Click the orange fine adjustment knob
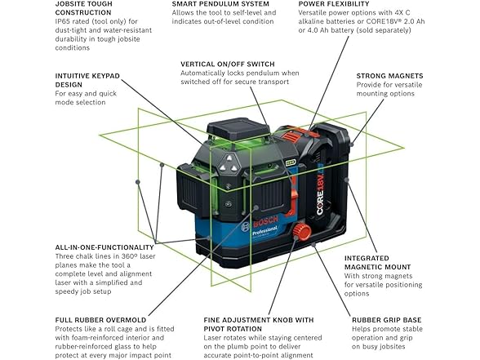pyautogui.click(x=301, y=231)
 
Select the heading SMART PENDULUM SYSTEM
pyautogui.click(x=220, y=4)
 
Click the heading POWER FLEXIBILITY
pyautogui.click(x=334, y=4)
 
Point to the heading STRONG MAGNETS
pyautogui.click(x=389, y=76)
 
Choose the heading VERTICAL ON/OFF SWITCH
pyautogui.click(x=228, y=64)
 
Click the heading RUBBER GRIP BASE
pyautogui.click(x=386, y=320)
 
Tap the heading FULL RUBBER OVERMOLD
pyautogui.click(x=100, y=320)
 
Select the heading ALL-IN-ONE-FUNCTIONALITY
pyautogui.click(x=104, y=247)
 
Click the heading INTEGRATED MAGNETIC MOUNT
pyautogui.click(x=377, y=263)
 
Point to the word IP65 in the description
pyautogui.click(x=62, y=21)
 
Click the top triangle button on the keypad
pyautogui.click(x=229, y=158)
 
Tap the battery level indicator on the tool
pyautogui.click(x=290, y=162)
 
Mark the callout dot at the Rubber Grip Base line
pyautogui.click(x=313, y=244)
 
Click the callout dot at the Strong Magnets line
pyautogui.click(x=352, y=144)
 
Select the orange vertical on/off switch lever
pyautogui.click(x=294, y=199)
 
